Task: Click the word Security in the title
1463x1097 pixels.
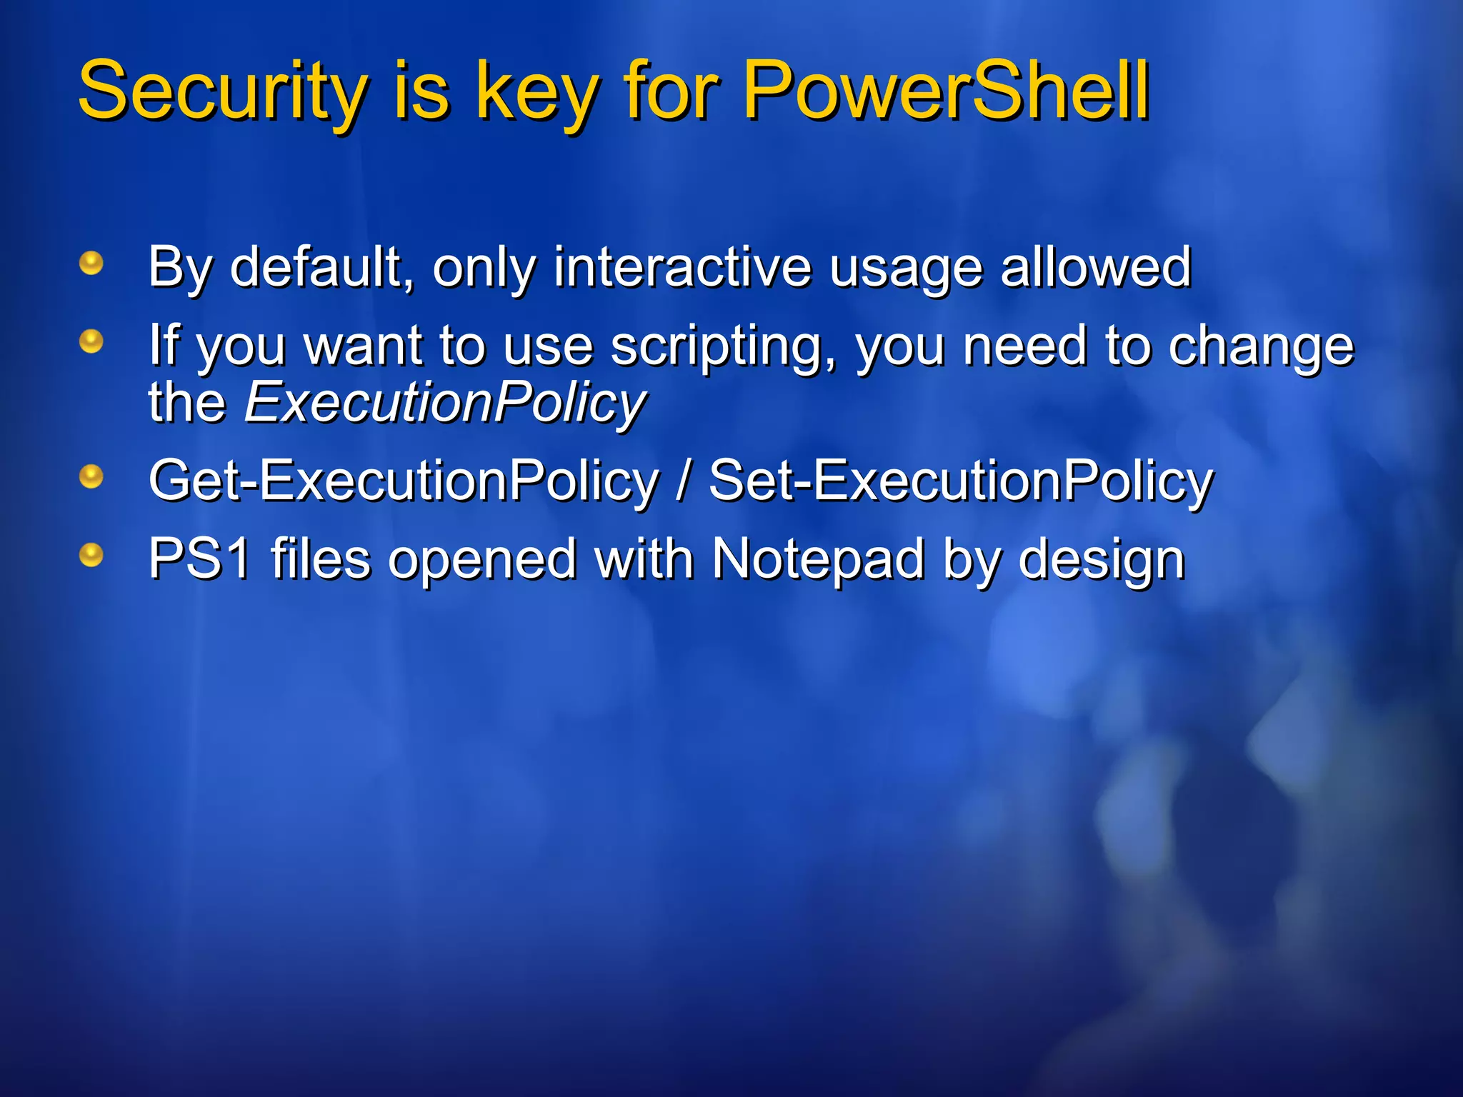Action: pos(221,91)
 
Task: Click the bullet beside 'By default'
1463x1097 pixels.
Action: pos(91,264)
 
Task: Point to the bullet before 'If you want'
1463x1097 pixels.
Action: pos(91,341)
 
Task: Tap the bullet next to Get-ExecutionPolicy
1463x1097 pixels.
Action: pos(91,476)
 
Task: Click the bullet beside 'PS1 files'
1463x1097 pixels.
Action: pos(91,554)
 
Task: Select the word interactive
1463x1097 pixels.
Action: pos(682,266)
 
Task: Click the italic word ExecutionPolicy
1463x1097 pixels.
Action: pos(445,402)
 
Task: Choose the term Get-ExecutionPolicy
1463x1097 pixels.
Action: pos(403,481)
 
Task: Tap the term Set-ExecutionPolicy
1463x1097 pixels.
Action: pos(960,481)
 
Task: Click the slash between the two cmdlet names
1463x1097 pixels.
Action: pos(684,481)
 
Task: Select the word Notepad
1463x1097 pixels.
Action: pos(818,558)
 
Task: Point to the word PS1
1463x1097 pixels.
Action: pos(199,558)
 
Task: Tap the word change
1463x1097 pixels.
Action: pos(1261,346)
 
